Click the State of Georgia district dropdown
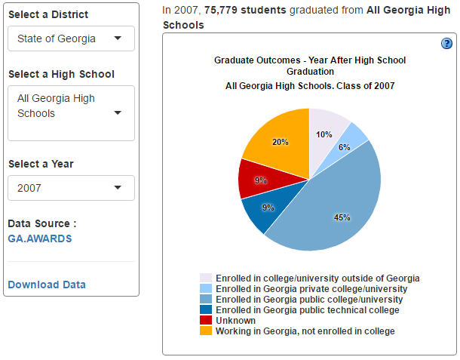(71, 38)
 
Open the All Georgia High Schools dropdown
(71, 112)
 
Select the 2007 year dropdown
(71, 188)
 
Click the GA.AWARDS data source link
(39, 238)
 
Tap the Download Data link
(47, 285)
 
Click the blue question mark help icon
(446, 44)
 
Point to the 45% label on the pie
(342, 217)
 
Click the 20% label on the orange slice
(280, 142)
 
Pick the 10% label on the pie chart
(324, 134)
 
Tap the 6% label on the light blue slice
(345, 148)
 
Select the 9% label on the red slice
(260, 180)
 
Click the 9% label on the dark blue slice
(268, 208)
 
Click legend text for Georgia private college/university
(311, 288)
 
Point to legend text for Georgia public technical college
(307, 309)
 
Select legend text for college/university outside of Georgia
(317, 278)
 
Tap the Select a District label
(48, 14)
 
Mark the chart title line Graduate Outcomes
(310, 60)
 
